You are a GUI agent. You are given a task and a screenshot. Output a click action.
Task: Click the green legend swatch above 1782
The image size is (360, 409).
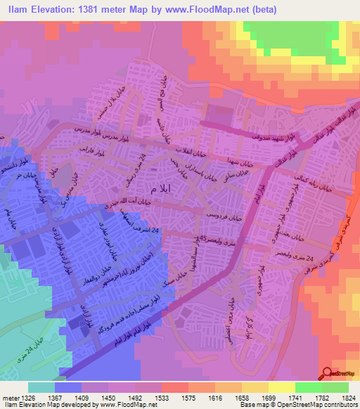(x=308, y=387)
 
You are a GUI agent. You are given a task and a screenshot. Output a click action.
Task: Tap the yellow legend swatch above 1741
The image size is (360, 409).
(x=279, y=387)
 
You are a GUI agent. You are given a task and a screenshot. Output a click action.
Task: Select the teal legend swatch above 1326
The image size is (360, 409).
(x=41, y=387)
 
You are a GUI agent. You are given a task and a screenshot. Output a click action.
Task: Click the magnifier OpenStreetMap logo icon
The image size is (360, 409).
(x=327, y=373)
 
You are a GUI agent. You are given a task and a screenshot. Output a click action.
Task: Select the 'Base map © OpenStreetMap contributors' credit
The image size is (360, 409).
(x=302, y=404)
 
